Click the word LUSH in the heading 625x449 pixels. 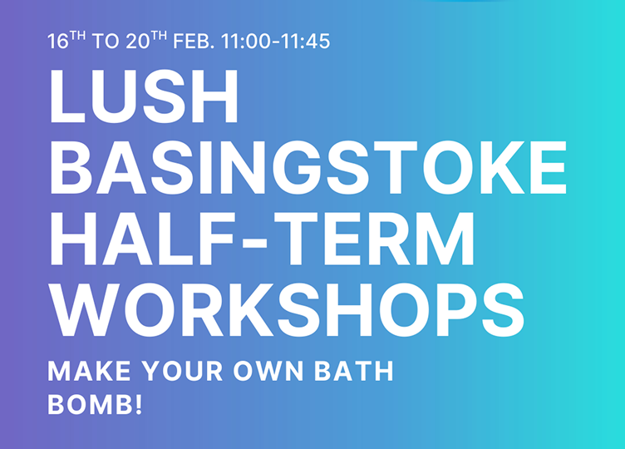click(144, 98)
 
